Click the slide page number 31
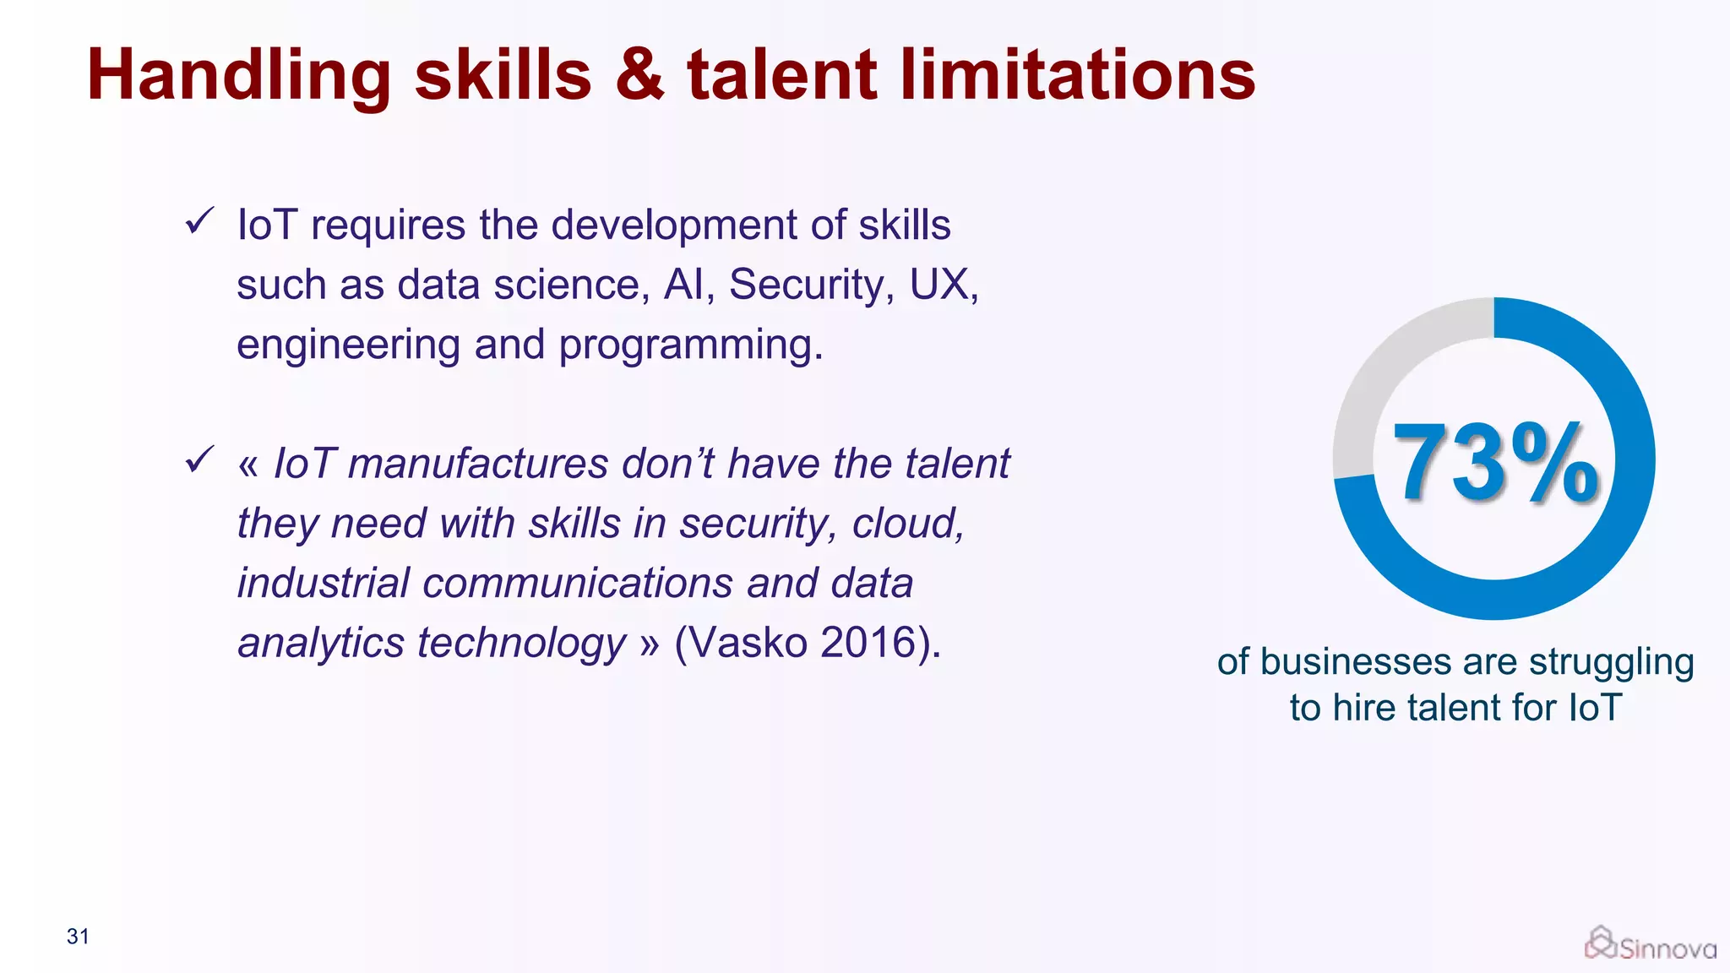(78, 936)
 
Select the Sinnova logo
(1651, 945)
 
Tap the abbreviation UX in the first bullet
(939, 285)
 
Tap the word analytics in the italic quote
(321, 644)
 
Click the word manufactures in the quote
(478, 464)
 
